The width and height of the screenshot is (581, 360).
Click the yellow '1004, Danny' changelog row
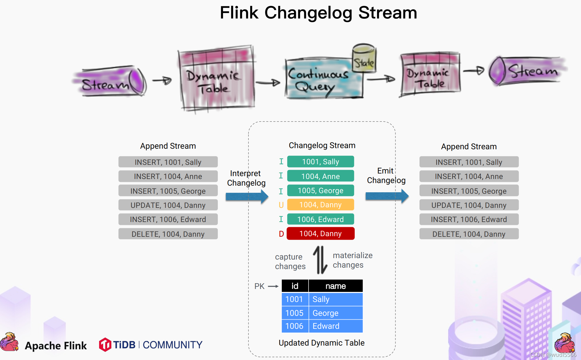[320, 205]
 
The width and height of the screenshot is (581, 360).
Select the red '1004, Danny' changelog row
[320, 234]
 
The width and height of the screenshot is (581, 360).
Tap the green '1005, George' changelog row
[320, 191]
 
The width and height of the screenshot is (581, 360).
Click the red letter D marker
[281, 234]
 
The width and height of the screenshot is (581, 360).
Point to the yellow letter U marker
[281, 205]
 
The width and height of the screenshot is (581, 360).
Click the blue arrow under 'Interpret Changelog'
[247, 197]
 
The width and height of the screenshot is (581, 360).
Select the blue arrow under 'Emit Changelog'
[387, 196]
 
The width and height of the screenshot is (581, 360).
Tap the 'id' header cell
[295, 286]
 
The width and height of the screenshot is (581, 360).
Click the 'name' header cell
[336, 286]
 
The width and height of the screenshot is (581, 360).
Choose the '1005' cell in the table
[295, 313]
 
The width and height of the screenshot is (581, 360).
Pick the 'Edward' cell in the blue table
[336, 326]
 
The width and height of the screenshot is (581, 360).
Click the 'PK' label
[259, 286]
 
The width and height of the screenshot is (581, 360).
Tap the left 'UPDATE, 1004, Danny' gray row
[168, 205]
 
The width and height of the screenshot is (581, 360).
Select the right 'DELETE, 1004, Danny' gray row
[469, 234]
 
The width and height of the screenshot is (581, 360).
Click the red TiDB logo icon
[105, 345]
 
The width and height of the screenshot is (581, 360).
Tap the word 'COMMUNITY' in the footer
[172, 345]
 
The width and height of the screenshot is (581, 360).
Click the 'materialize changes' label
[352, 260]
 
